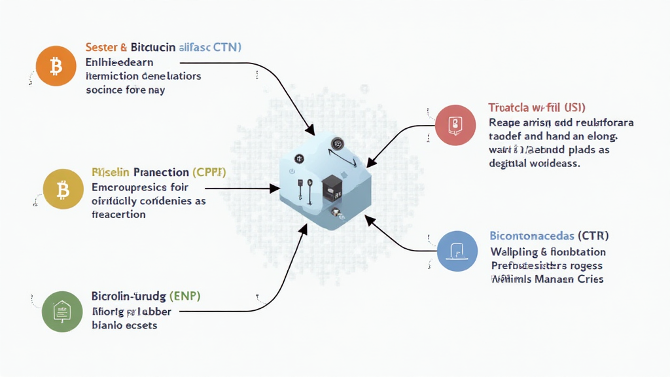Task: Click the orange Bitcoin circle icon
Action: point(56,66)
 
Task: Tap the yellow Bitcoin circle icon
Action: point(63,190)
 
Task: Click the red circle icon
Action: point(455,124)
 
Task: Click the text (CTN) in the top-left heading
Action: point(224,47)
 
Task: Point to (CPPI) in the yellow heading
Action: point(209,172)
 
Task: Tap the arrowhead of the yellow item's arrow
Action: point(276,188)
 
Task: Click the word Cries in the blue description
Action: point(588,279)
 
